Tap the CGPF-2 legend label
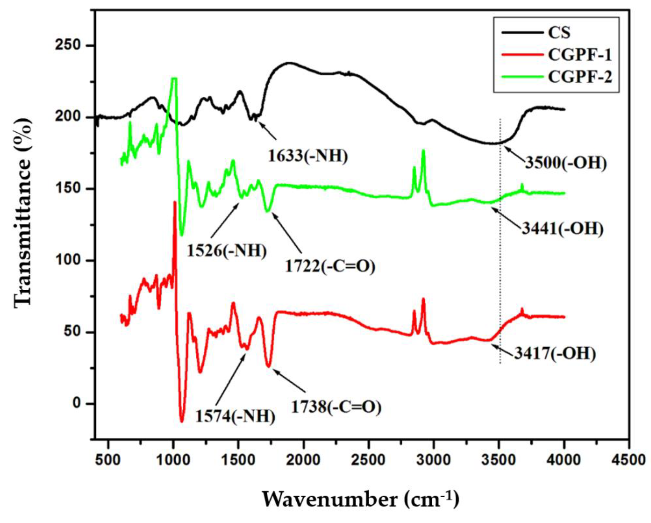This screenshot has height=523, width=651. [x=580, y=77]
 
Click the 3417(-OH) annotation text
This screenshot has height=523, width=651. [x=555, y=354]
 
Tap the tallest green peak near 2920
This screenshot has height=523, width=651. [x=423, y=150]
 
